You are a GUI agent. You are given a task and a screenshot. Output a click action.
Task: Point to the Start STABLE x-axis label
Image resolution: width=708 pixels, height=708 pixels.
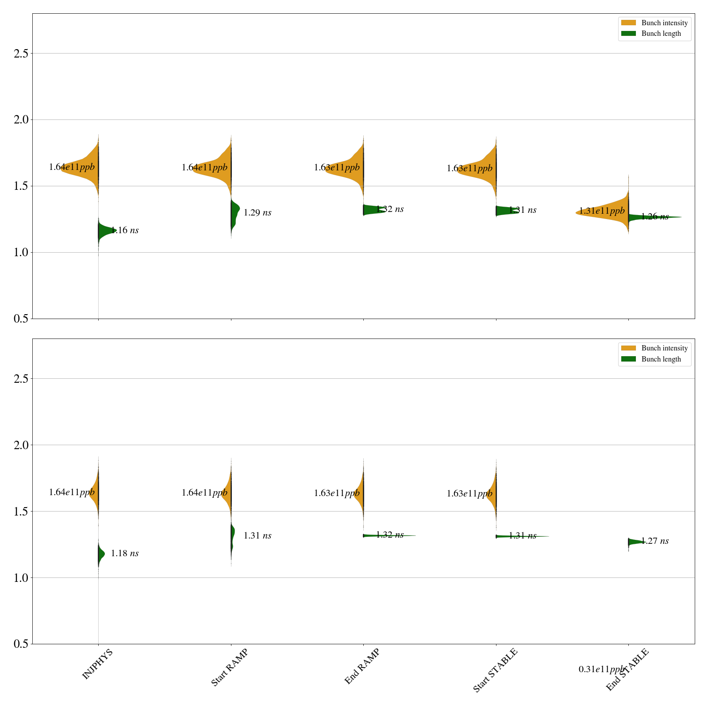(x=495, y=670)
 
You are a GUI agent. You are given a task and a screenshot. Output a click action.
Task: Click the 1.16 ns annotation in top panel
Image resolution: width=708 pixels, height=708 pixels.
(x=125, y=230)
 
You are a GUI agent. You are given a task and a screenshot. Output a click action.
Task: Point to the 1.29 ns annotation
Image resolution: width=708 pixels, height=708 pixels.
(x=258, y=213)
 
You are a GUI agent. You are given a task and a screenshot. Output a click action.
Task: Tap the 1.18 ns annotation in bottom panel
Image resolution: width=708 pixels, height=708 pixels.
(x=125, y=554)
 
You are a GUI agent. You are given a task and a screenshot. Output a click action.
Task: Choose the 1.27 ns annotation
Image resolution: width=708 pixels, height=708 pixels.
(x=655, y=541)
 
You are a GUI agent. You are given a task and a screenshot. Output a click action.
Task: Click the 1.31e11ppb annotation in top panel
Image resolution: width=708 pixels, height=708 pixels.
(x=602, y=211)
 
